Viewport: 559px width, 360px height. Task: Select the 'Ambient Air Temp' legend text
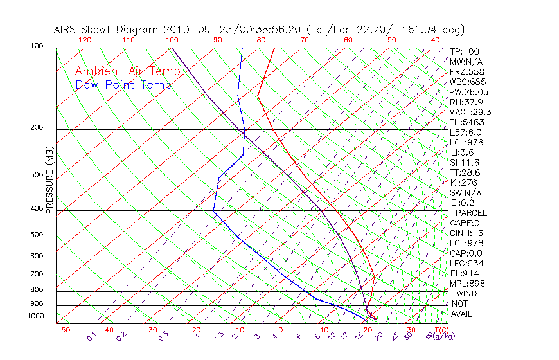click(x=127, y=71)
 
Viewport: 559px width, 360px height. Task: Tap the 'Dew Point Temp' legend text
click(x=123, y=85)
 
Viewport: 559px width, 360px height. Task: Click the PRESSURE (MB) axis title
click(x=49, y=181)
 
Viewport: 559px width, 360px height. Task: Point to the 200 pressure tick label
click(x=37, y=128)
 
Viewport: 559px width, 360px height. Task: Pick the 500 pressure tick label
click(x=37, y=235)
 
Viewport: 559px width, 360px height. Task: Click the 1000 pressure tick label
click(x=35, y=316)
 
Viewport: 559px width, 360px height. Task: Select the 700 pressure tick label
click(x=37, y=275)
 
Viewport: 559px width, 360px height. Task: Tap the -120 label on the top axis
click(x=82, y=40)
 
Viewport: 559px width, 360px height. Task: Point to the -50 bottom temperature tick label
click(x=62, y=330)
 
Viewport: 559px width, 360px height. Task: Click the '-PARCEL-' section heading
click(x=471, y=213)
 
